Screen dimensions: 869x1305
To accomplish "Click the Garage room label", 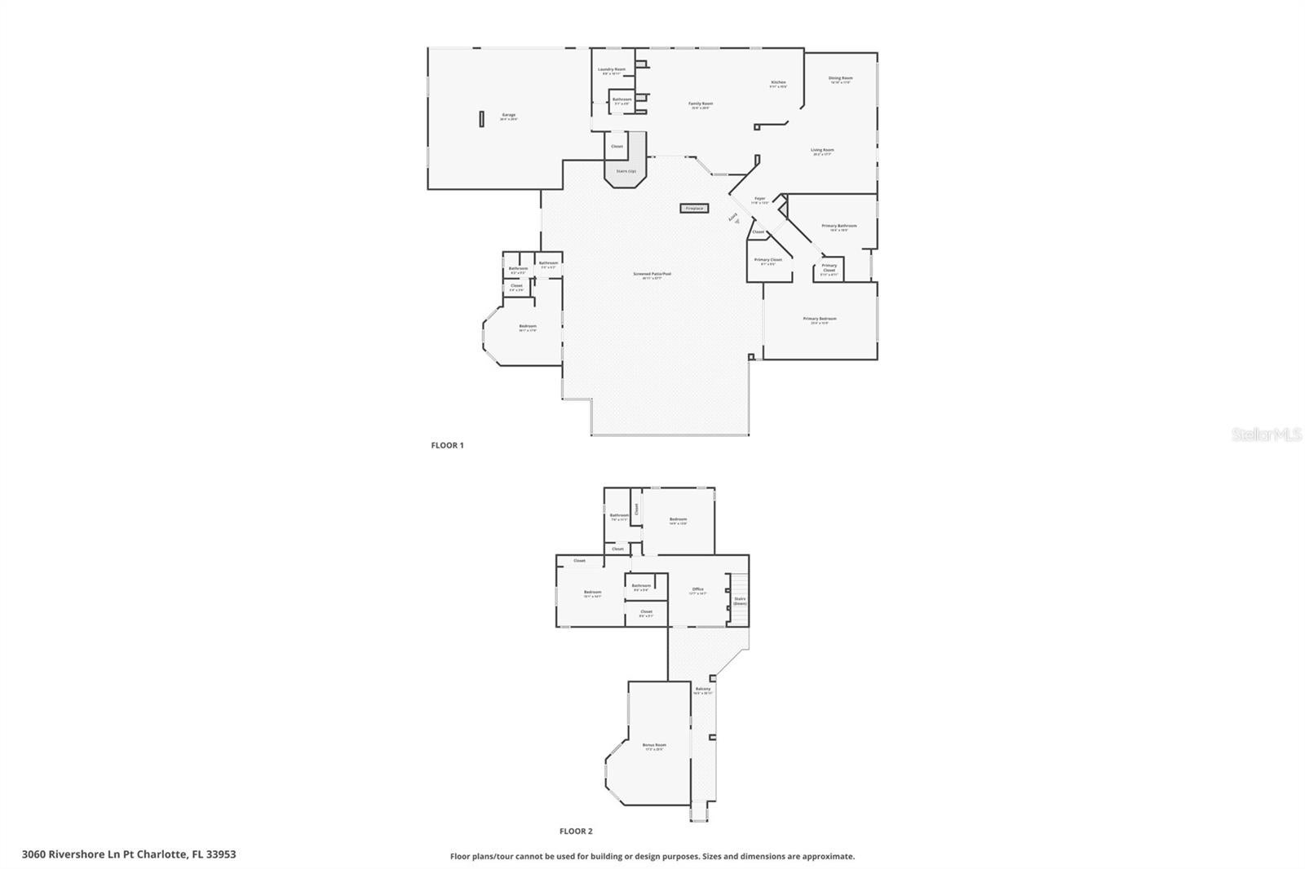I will [x=508, y=116].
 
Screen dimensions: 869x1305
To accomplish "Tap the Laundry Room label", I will [x=611, y=70].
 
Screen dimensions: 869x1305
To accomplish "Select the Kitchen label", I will [x=778, y=83].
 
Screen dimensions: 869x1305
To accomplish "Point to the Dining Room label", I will [x=840, y=79].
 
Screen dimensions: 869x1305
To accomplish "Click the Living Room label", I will [x=822, y=151].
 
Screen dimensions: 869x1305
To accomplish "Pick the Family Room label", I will [x=701, y=104].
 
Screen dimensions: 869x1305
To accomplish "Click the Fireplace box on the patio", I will [x=694, y=209].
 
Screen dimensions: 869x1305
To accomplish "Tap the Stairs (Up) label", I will [x=626, y=171].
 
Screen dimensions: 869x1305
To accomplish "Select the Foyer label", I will [x=759, y=199].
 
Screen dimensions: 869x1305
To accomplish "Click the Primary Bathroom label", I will [x=838, y=227].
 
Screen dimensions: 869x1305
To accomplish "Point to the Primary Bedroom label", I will [x=819, y=320].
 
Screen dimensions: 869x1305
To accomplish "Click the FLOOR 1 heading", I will [x=447, y=445].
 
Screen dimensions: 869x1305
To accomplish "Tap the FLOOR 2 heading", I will [x=576, y=832].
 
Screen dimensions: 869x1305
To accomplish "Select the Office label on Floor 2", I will [x=697, y=590].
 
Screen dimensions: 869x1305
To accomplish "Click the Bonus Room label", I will [x=654, y=746].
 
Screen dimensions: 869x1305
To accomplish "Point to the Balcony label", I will [x=702, y=690].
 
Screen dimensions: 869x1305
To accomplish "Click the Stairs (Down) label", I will [x=740, y=601].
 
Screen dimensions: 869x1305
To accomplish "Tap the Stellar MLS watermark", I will [x=1266, y=435].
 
